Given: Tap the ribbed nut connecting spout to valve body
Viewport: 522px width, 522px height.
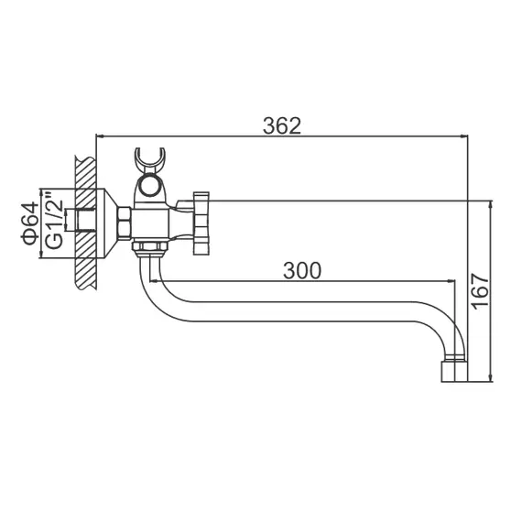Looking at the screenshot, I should (149, 247).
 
